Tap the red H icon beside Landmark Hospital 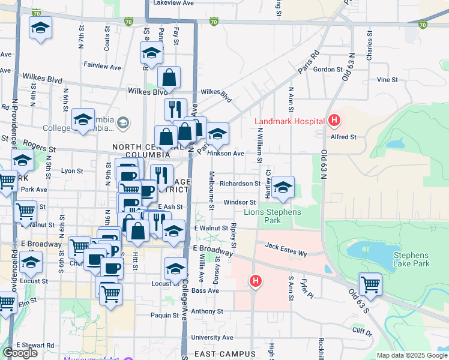pos(334,121)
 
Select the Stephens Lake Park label pos(411,259)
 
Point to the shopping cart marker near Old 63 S pos(370,284)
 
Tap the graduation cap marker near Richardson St pos(283,188)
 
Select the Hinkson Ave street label pos(225,154)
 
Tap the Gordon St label pos(327,70)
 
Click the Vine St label pos(387,80)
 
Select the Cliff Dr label pos(363,331)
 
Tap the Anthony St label pos(207,311)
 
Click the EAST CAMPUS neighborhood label pos(221,354)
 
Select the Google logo pos(20,353)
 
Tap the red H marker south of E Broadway pos(256,281)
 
